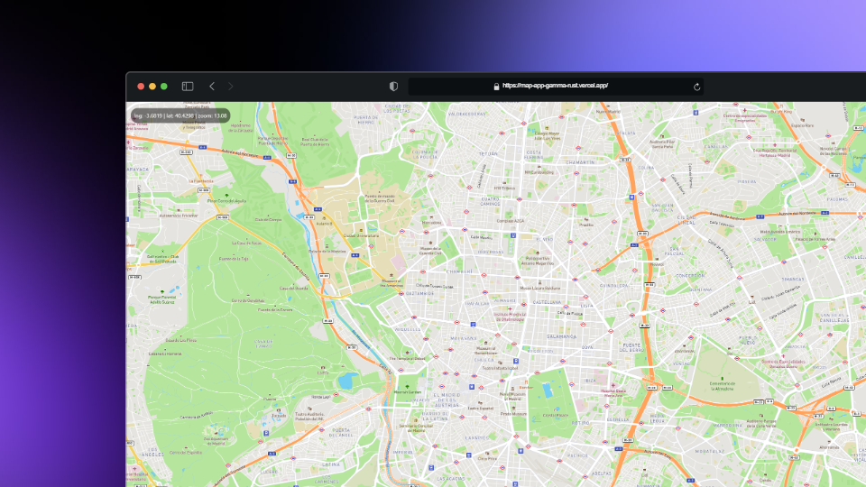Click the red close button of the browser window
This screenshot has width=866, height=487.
(141, 87)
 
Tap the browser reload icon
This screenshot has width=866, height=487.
(696, 87)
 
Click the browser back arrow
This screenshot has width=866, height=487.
(212, 87)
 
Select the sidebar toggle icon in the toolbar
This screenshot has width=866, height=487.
(188, 87)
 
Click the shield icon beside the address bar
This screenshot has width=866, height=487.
(393, 87)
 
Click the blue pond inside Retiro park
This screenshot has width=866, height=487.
(547, 390)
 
